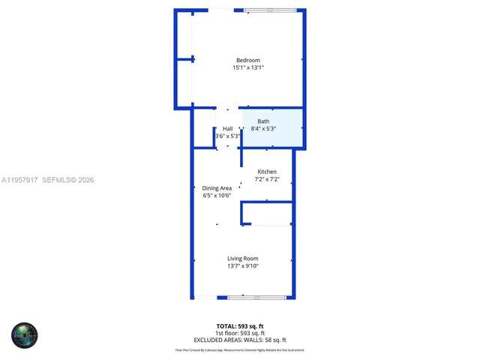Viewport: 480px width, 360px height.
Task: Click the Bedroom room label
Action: [247, 61]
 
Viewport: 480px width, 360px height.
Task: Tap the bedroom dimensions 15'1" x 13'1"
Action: [247, 68]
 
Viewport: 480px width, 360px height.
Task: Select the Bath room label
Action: [263, 121]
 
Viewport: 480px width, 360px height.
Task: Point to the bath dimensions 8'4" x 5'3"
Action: [263, 129]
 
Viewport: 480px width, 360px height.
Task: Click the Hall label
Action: [227, 129]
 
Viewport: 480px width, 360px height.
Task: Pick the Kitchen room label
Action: [267, 172]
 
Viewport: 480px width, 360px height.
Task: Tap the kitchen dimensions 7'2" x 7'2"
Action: [267, 179]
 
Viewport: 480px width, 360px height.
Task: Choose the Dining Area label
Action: [217, 188]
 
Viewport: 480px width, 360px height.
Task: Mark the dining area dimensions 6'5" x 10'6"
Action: [217, 196]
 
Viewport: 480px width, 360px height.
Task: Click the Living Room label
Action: [243, 259]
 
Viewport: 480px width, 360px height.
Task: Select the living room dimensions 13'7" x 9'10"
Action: [243, 266]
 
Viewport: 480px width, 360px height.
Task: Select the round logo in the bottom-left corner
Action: [24, 335]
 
